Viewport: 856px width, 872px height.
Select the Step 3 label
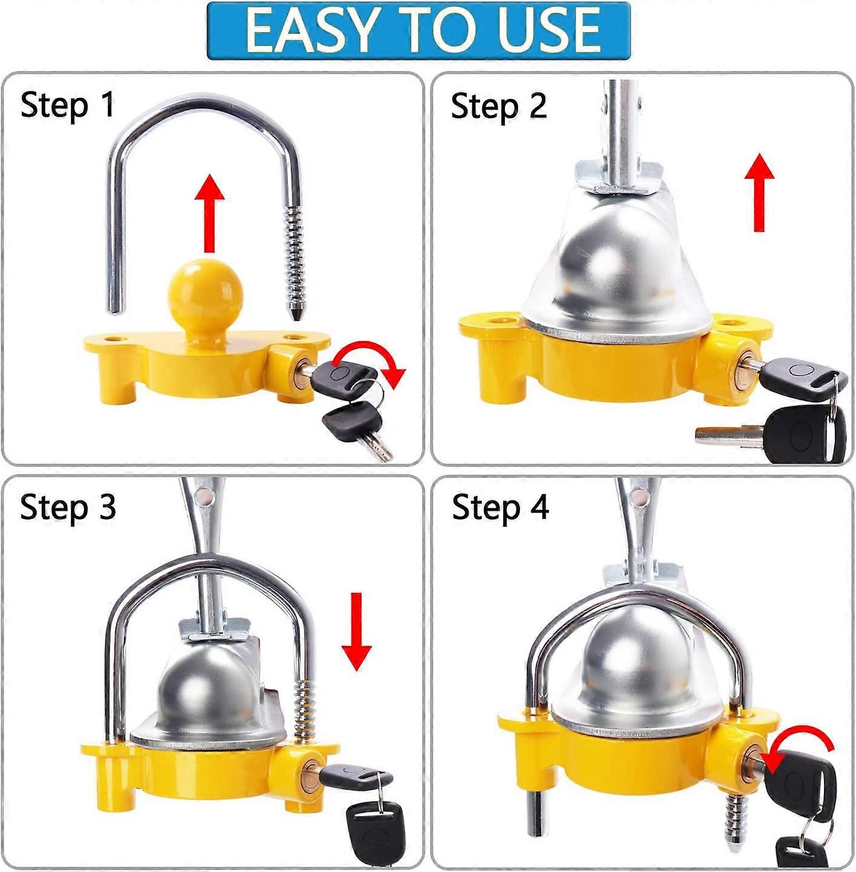(67, 506)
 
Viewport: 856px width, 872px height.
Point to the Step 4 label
(500, 506)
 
